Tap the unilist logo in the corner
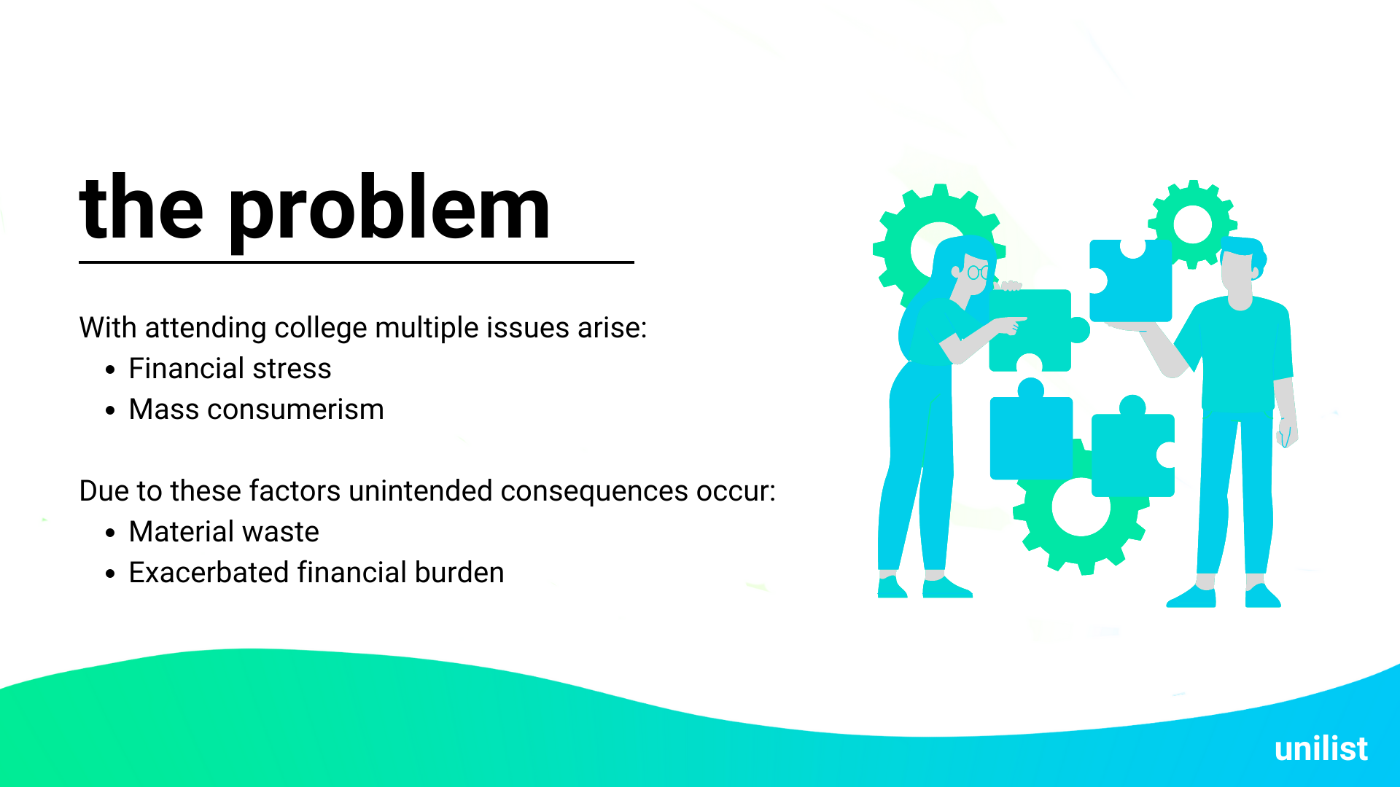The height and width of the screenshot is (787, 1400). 1321,749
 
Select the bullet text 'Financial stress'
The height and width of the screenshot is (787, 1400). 230,369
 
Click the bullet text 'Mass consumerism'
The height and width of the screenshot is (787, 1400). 256,410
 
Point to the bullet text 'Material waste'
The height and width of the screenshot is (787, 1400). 224,532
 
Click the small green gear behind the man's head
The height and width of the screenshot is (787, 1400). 1192,224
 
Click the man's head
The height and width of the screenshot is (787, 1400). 1241,270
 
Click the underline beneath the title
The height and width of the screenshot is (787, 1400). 357,262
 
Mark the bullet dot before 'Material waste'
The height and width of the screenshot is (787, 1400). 110,533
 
